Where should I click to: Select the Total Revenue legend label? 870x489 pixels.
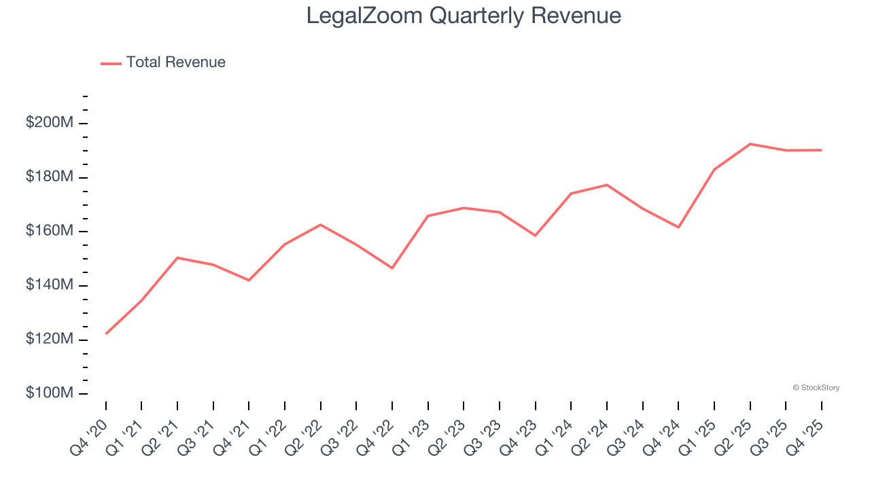pos(175,62)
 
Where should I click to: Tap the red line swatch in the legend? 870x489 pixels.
pos(111,63)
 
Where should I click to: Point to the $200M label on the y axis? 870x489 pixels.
pos(50,123)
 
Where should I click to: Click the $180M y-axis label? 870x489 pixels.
pos(50,177)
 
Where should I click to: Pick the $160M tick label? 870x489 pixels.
pos(50,232)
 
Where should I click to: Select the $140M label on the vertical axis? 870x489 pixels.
pos(50,285)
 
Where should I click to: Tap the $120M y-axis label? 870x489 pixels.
pos(50,340)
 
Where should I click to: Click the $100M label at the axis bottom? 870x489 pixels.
pos(50,394)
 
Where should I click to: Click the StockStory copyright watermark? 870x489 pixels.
pos(816,388)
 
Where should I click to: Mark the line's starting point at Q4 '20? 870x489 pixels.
pos(106,333)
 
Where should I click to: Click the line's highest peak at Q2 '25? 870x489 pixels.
pos(750,144)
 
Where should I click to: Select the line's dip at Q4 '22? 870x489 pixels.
pos(392,268)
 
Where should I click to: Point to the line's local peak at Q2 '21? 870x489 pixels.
pos(177,258)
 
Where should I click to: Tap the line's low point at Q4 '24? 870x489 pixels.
pos(678,227)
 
